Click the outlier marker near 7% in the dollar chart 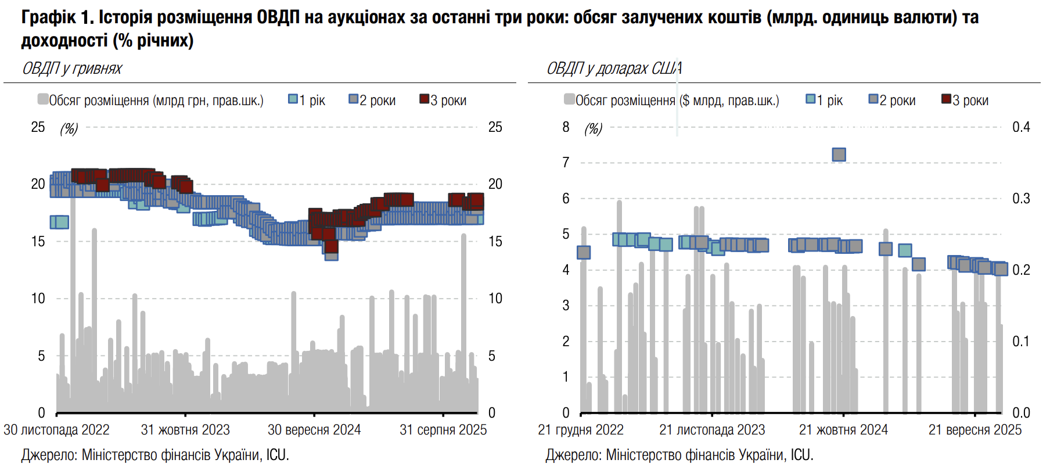pos(839,155)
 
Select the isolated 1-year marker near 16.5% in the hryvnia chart pos(59,222)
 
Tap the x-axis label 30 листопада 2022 pos(56,430)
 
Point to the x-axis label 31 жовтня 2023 pos(185,430)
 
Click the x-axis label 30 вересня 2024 pos(314,430)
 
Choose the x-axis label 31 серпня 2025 pos(443,430)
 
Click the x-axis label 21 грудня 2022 pos(581,430)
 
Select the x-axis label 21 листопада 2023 pos(712,430)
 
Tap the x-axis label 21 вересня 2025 pos(975,430)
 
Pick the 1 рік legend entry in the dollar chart pos(825,100)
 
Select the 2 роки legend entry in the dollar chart pos(892,100)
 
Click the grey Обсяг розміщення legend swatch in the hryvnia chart pos(43,99)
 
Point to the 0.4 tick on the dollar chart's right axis pos(1021,127)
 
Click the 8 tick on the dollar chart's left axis pos(566,127)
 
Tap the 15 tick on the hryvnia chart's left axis pos(38,242)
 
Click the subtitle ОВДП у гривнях pos(72,69)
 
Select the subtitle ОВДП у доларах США pos(614,69)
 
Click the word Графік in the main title pos(49,17)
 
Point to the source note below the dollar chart pos(679,455)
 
